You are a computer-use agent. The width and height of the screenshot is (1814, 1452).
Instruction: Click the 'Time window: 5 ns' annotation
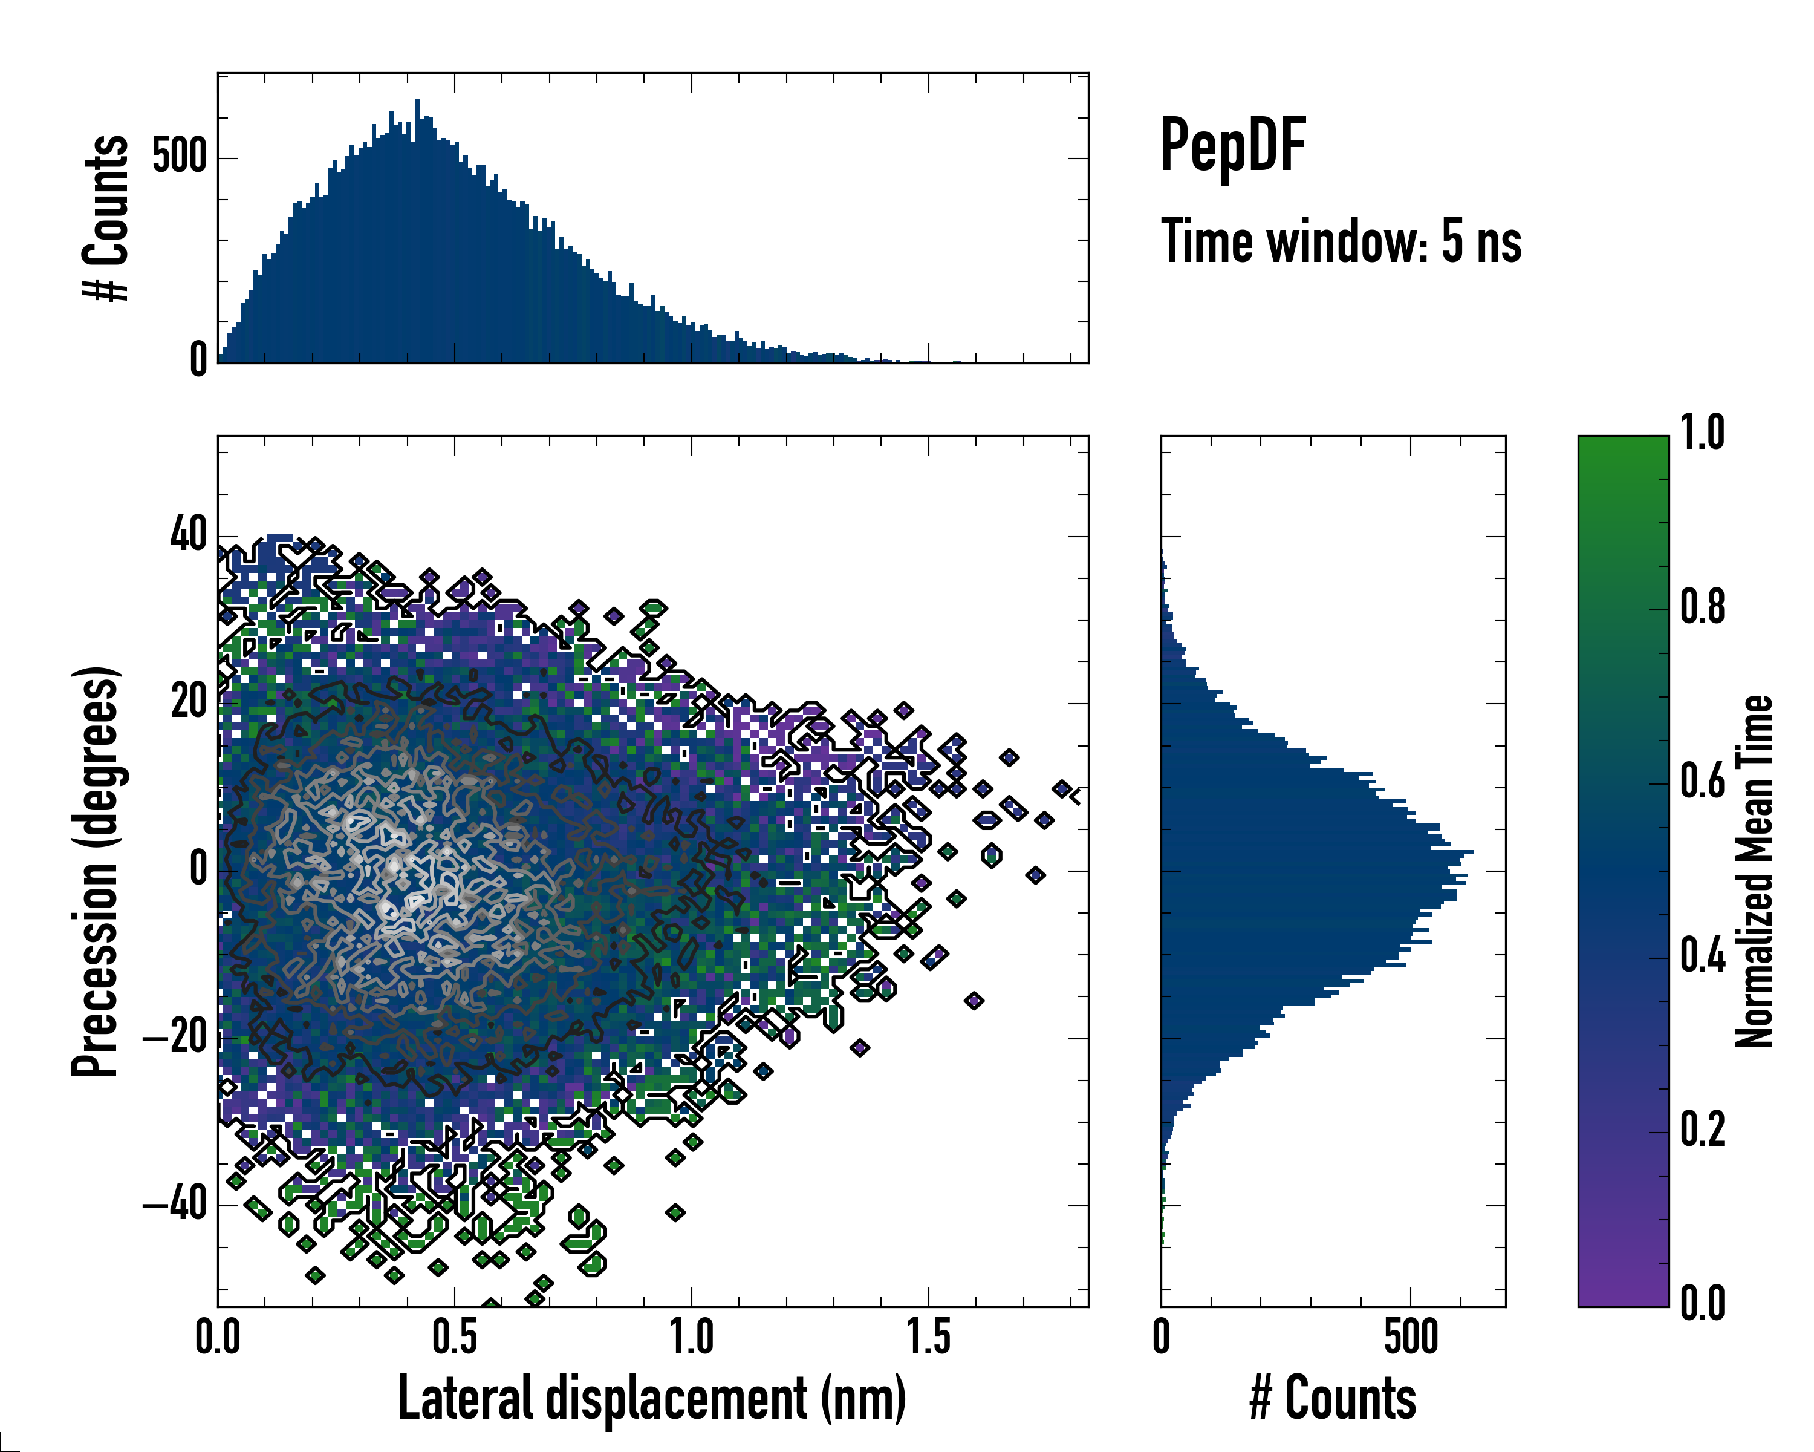coord(1341,241)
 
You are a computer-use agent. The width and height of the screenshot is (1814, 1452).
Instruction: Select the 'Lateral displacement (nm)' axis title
coord(652,1399)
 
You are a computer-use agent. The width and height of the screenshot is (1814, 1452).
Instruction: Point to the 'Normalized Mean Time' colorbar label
coord(1754,871)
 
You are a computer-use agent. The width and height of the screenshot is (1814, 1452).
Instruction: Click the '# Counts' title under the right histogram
coord(1333,1399)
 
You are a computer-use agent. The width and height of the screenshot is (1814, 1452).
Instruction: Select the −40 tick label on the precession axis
coord(175,1205)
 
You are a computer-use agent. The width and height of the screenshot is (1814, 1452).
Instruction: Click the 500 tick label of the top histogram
coord(178,157)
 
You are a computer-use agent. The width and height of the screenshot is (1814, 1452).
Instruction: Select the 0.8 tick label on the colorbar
coord(1702,608)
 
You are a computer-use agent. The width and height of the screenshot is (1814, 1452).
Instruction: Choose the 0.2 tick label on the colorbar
coord(1702,1130)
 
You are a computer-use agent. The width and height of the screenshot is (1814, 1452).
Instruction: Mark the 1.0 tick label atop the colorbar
coord(1702,434)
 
